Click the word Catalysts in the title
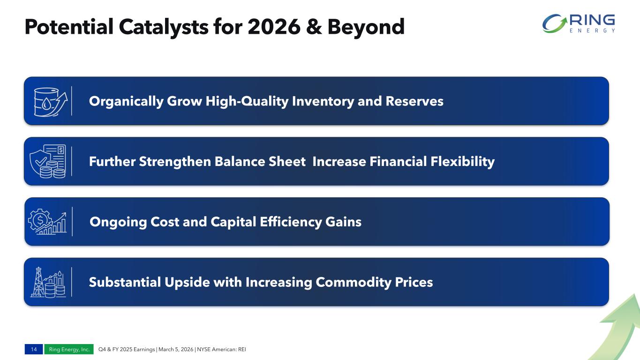coord(164,27)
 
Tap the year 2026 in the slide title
coord(274,27)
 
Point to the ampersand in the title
coord(314,27)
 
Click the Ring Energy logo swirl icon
coord(555,23)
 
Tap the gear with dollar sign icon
coord(40,220)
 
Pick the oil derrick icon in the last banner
coord(38,282)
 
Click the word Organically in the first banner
coord(126,101)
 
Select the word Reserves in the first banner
coord(414,101)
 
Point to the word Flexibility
coord(463,162)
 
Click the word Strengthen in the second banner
coord(175,162)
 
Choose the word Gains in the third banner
coord(343,222)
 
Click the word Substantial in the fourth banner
coord(125,282)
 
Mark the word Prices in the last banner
coord(414,283)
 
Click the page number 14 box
coord(34,349)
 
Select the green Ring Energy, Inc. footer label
coord(69,349)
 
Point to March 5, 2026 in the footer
coord(176,349)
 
